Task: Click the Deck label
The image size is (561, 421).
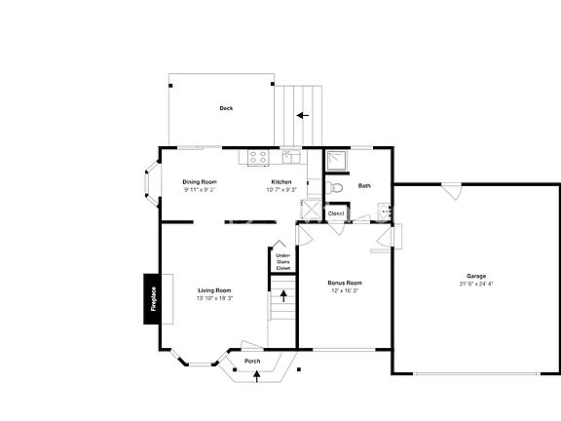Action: pos(226,108)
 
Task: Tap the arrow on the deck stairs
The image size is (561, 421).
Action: pos(303,115)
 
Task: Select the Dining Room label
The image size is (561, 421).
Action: pos(200,182)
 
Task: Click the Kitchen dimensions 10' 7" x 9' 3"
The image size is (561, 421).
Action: pos(281,190)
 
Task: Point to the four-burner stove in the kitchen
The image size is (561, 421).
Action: pos(258,155)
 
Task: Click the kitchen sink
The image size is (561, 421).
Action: pos(289,154)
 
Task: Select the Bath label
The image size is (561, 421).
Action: pos(364,186)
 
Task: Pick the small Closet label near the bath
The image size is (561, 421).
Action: pos(336,212)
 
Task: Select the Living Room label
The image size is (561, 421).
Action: pos(214,290)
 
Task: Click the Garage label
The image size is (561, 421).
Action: pos(476,276)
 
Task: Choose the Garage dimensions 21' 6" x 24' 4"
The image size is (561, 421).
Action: pos(476,284)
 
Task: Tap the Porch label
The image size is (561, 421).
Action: pos(252,362)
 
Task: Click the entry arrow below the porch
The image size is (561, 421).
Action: pos(257,377)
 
